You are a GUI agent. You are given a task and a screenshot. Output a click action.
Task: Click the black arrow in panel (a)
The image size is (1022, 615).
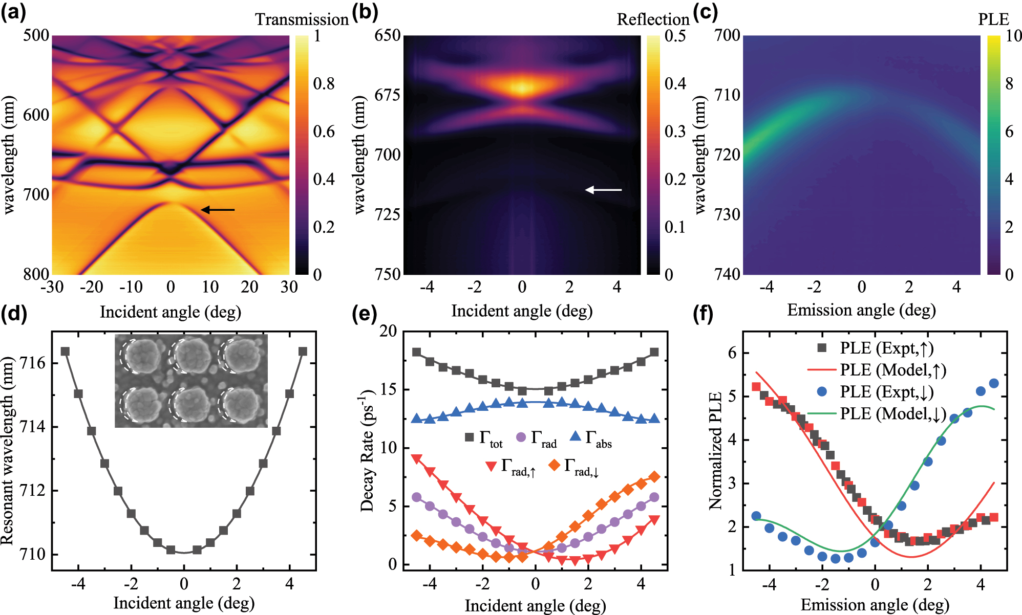(x=218, y=209)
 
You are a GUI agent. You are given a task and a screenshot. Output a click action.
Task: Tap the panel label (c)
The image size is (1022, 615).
(x=705, y=11)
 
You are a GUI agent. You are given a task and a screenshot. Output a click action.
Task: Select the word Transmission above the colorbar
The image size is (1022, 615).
(x=302, y=19)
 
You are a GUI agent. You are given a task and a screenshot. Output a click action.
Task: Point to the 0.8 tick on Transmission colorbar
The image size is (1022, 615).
(x=324, y=83)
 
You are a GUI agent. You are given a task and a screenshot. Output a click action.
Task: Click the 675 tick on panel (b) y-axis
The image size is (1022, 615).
(x=387, y=95)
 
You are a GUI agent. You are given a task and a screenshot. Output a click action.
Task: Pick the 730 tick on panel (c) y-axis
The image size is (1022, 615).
(x=727, y=214)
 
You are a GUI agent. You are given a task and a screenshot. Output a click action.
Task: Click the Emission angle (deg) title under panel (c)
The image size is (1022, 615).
(x=861, y=310)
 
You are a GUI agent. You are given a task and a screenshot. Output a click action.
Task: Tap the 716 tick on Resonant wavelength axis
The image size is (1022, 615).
(x=33, y=363)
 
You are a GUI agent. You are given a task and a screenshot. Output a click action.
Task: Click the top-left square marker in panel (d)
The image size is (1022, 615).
(x=65, y=352)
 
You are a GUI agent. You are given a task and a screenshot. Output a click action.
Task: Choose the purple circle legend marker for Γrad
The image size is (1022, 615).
(x=521, y=437)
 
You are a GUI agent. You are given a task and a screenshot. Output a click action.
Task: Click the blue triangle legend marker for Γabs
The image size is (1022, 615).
(x=576, y=436)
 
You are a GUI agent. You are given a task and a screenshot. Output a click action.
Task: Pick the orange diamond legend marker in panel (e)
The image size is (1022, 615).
(x=553, y=465)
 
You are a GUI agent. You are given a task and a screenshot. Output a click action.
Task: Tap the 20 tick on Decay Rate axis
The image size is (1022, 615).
(x=388, y=331)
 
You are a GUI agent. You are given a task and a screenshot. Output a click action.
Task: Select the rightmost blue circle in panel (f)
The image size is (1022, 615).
(x=994, y=383)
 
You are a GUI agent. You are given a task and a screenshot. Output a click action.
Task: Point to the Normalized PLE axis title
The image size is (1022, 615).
(x=715, y=451)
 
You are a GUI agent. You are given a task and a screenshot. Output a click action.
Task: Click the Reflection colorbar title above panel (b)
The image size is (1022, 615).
(x=653, y=19)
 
